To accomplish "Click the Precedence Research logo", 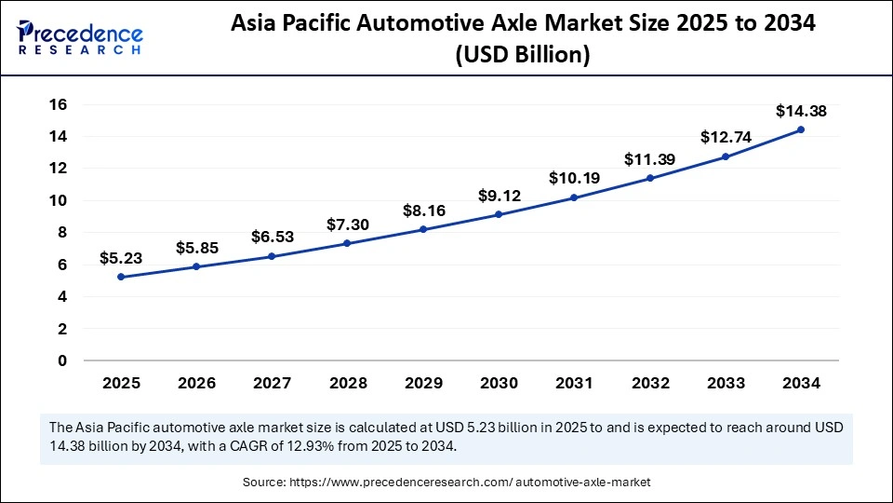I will [x=80, y=37].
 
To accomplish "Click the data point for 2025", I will [x=121, y=277].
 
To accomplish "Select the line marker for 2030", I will [x=499, y=214].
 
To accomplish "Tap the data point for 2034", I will [x=800, y=129].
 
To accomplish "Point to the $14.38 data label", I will [x=800, y=111].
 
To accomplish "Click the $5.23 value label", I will [x=121, y=259].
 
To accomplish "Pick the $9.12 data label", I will [x=500, y=196].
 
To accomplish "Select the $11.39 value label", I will [x=650, y=159].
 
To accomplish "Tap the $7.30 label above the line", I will [x=348, y=224].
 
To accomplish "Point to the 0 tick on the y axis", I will [x=62, y=360].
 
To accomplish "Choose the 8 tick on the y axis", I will [x=62, y=233].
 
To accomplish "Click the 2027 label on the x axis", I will [x=273, y=383].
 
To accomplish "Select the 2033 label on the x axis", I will [x=726, y=383].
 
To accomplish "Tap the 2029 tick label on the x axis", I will [x=423, y=383].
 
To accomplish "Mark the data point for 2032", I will [x=649, y=178].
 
